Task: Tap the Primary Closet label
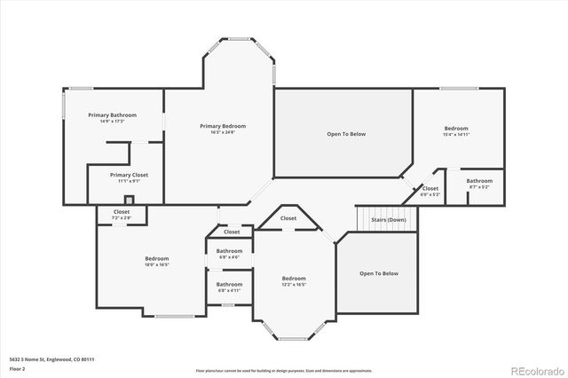pyautogui.click(x=129, y=175)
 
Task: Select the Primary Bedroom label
pyautogui.click(x=222, y=126)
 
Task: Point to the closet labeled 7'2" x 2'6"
pyautogui.click(x=122, y=214)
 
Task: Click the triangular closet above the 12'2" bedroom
pyautogui.click(x=288, y=218)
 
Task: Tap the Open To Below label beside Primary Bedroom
pyautogui.click(x=346, y=134)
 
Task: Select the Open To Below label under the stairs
pyautogui.click(x=379, y=273)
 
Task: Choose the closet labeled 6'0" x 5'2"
pyautogui.click(x=430, y=191)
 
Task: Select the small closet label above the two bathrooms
pyautogui.click(x=232, y=232)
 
